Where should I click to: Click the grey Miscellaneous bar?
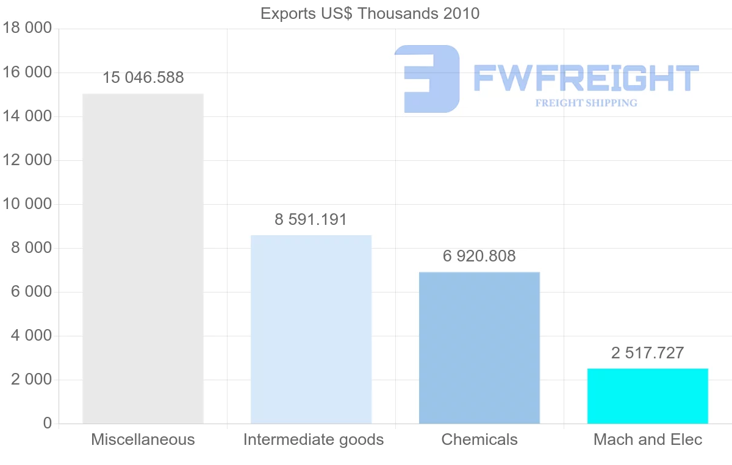point(143,259)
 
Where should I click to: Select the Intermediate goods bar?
point(311,329)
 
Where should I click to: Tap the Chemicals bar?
point(479,347)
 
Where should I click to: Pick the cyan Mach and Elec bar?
point(648,396)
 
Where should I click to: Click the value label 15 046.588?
point(143,78)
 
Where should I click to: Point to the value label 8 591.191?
point(311,220)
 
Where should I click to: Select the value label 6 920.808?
point(479,257)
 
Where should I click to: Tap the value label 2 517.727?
point(648,353)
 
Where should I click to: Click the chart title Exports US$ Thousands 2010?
point(370,13)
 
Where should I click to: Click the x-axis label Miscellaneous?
point(143,439)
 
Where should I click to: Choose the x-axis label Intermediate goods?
point(314,439)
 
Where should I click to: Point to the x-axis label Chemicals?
point(479,439)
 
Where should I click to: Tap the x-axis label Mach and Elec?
point(648,439)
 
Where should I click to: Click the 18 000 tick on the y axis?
point(26,29)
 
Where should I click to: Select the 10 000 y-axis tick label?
point(26,204)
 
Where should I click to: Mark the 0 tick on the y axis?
point(48,424)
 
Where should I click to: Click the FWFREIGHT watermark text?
point(586,78)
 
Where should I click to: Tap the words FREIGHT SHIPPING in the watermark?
point(586,103)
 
